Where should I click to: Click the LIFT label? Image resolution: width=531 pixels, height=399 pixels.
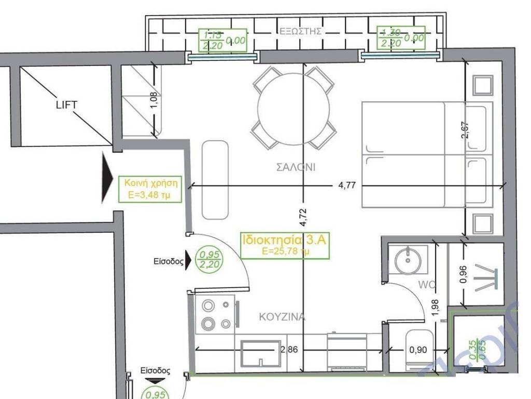click(66, 105)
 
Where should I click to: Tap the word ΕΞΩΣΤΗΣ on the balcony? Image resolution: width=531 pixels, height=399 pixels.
click(301, 31)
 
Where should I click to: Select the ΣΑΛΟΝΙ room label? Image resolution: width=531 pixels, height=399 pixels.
click(296, 167)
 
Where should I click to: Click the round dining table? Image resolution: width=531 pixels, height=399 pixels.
click(294, 108)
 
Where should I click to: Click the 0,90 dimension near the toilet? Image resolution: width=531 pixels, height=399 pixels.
click(418, 350)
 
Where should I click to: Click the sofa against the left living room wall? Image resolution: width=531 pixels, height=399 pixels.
click(215, 179)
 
